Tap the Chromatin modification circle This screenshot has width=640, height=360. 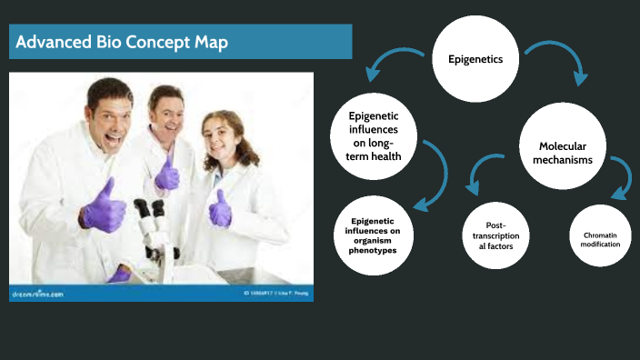601,239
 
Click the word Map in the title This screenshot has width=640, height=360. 205,42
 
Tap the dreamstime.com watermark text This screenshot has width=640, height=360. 37,294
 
